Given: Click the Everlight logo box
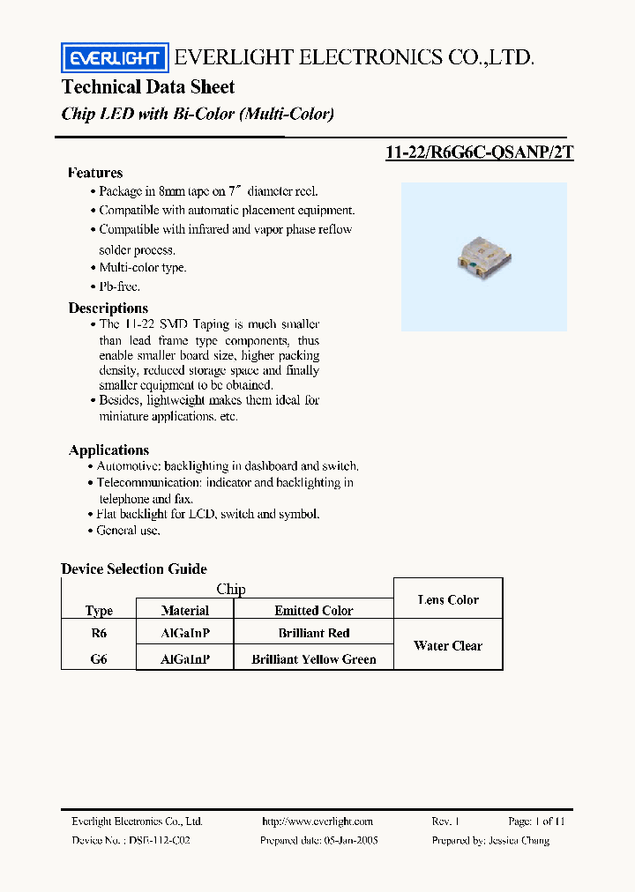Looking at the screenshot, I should [115, 58].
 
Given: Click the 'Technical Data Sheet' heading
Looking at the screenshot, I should [148, 86].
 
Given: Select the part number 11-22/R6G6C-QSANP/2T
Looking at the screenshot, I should [479, 152].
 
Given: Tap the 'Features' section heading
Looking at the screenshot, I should [95, 173].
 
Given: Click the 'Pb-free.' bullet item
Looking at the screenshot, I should [119, 286].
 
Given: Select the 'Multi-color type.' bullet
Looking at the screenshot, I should [142, 267].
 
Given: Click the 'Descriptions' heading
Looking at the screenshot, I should [108, 308].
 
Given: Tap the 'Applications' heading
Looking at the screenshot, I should [109, 450].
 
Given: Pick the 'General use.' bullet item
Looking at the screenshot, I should [128, 531].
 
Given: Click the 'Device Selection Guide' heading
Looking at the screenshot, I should [134, 569].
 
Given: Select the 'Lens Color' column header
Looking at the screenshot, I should [448, 600].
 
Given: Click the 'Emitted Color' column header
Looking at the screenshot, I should [313, 610].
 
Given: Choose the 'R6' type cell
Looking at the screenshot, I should [99, 633].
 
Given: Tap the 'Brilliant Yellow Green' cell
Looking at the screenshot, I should [313, 659].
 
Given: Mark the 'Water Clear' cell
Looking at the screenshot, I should [448, 646].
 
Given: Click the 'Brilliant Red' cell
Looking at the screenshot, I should [313, 633].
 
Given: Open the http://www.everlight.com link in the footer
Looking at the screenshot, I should [317, 821].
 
